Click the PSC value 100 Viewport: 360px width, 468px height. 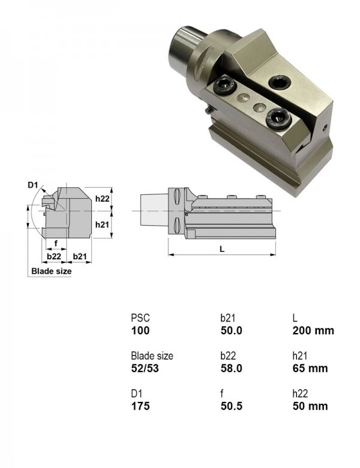pos(140,331)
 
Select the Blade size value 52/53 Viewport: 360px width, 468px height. pos(145,368)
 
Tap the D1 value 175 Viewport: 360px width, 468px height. pos(140,406)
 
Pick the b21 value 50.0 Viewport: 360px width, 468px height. pos(232,331)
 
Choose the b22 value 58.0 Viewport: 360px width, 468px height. pos(232,368)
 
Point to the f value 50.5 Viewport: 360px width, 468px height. pos(232,406)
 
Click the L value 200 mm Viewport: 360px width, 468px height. pos(313,331)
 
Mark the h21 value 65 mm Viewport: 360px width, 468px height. pos(310,368)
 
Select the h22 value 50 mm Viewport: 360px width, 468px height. pos(310,406)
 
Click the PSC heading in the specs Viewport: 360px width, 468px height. pos(140,318)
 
